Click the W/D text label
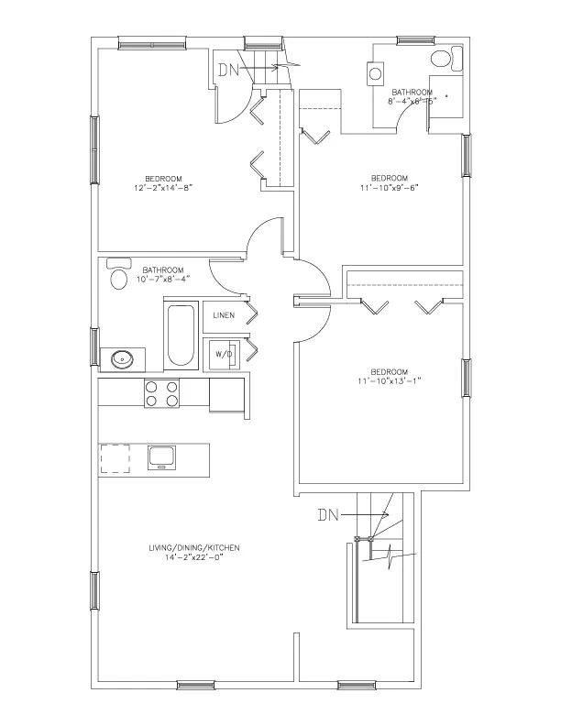[x=224, y=353]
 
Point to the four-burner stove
[x=161, y=394]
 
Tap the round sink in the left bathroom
[x=121, y=358]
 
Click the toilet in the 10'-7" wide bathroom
[x=118, y=276]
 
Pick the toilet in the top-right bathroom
[x=441, y=60]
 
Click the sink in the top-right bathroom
[x=375, y=72]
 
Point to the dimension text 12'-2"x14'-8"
[x=162, y=188]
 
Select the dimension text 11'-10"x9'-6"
[x=389, y=188]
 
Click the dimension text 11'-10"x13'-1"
[x=389, y=379]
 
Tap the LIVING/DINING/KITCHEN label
[x=193, y=547]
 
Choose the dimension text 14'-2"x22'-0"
[x=193, y=557]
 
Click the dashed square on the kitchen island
[x=115, y=457]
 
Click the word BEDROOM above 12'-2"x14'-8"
[x=162, y=178]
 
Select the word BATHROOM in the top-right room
[x=412, y=92]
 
